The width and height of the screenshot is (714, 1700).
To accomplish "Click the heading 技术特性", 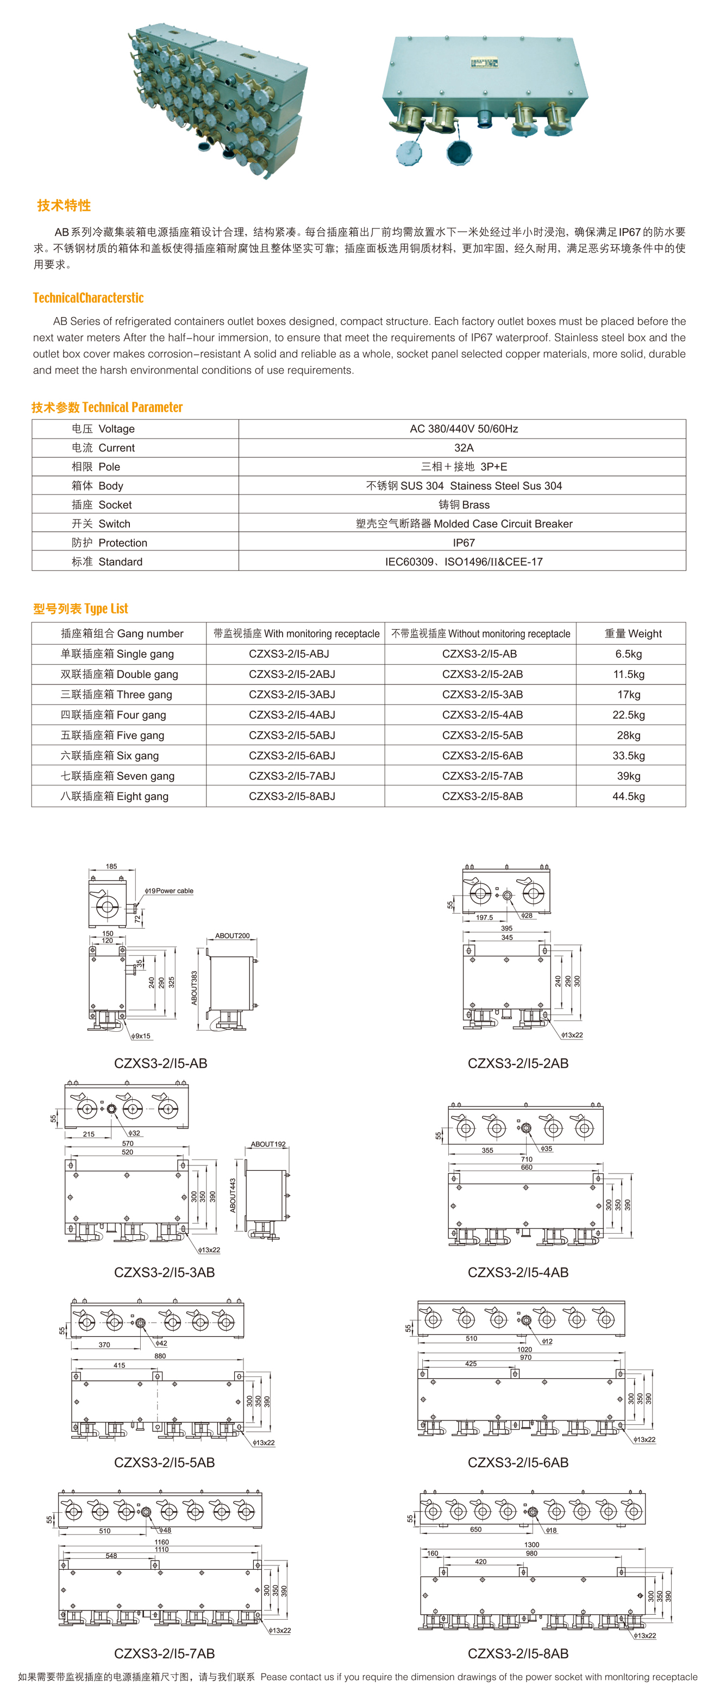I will click(x=64, y=205).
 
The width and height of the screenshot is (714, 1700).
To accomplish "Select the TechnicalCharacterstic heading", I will click(x=89, y=297).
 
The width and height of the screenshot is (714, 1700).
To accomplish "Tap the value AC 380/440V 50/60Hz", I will click(x=463, y=429).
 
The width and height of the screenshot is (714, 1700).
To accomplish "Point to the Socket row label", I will click(x=102, y=505).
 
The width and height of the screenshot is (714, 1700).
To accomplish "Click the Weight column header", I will click(x=632, y=633).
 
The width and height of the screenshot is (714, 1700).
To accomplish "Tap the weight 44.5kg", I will click(x=628, y=797).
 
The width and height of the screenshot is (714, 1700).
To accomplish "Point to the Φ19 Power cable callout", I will click(x=170, y=891).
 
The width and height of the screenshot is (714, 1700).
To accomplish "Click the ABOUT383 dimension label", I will click(x=194, y=987).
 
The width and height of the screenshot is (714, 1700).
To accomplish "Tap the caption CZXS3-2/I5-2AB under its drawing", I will click(x=518, y=1063).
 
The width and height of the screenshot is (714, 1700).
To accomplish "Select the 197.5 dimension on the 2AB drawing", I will click(x=484, y=917).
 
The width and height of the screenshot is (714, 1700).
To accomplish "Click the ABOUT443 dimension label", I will click(x=233, y=1195).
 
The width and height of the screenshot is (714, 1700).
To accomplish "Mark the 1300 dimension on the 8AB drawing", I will click(x=531, y=1545).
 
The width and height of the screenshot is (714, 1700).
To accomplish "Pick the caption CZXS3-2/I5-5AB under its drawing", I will click(x=165, y=1462).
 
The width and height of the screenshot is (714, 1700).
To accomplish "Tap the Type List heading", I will click(x=80, y=608).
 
